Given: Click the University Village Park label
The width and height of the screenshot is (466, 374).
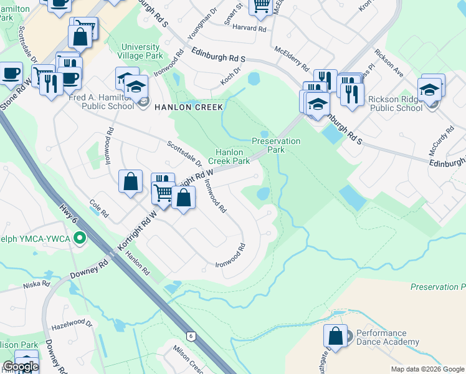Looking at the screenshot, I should coord(141,51).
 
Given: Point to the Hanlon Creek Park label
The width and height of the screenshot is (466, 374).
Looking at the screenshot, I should coord(229,156).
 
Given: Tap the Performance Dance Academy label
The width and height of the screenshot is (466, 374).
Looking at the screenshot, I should coord(386,338).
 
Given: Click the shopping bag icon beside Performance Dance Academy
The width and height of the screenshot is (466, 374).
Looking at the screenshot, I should coord(335,335).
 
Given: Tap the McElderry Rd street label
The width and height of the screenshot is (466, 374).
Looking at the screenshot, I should coord(292,57).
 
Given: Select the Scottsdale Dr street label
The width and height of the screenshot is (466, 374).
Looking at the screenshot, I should coord(184,153).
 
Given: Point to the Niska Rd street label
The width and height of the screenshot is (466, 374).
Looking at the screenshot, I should coord(36,284).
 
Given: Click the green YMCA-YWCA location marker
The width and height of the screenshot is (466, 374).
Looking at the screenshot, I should coord(79,237).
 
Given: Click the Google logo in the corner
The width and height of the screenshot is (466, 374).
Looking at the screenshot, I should coord(20,367).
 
